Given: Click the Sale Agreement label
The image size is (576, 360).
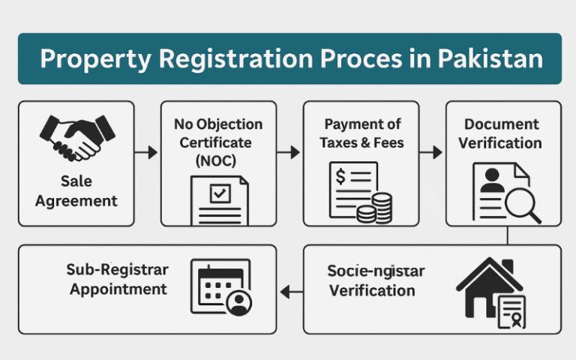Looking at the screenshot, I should coord(76,190).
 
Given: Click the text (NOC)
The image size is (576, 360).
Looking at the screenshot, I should coord(218,159).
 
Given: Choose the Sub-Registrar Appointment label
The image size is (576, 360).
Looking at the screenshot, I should coord(118,279).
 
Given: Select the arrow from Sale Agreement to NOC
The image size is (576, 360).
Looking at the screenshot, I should coord(148,153).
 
